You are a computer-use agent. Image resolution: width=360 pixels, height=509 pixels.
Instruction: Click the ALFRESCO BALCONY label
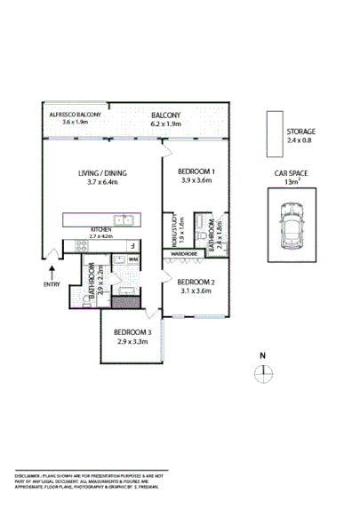pyautogui.click(x=76, y=115)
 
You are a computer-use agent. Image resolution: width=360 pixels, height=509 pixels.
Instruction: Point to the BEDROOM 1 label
pyautogui.click(x=196, y=171)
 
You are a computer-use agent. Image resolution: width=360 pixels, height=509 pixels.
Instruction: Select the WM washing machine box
pyautogui.click(x=133, y=259)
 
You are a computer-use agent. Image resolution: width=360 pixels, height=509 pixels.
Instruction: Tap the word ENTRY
pyautogui.click(x=52, y=284)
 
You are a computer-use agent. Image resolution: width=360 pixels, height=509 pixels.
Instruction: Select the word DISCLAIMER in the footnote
pyautogui.click(x=30, y=477)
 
